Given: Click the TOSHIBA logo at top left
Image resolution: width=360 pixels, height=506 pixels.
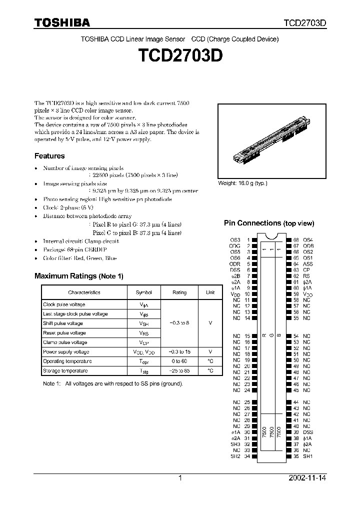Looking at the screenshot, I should coord(62,22).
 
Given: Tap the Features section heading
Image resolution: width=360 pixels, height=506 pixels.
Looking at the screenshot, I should coord(49,156).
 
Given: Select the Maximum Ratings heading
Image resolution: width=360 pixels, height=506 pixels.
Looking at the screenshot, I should coord(78,275).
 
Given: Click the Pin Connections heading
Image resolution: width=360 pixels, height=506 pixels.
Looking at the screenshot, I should coord(269,223).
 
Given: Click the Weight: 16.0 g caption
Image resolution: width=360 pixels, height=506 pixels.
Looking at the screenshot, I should coord(242,183).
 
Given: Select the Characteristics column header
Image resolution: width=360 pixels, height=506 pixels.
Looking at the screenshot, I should coord(84,292).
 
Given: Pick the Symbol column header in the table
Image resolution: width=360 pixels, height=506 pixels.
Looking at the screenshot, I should coord(144,292).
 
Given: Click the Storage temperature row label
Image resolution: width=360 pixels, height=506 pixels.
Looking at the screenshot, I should coord(65,370).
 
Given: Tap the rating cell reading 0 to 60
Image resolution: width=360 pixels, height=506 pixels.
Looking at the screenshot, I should coord(179,361).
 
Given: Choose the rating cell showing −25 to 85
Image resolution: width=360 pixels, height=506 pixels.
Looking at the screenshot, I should coord(179,370).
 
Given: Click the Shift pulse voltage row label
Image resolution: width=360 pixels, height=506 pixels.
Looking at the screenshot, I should coord(63,323).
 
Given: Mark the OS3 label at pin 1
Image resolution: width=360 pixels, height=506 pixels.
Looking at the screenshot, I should coord(235,240).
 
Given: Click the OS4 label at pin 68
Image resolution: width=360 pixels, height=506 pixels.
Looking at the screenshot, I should coord(308,240).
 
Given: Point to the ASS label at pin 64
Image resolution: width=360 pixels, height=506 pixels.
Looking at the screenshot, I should coord(308,263).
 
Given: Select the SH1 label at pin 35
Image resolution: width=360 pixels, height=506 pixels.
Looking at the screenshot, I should coord(308,456).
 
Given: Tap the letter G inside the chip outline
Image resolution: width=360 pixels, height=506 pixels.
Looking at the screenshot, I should coord(270,336).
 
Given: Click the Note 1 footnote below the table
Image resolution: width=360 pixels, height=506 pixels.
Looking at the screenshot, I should coord(112,383).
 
